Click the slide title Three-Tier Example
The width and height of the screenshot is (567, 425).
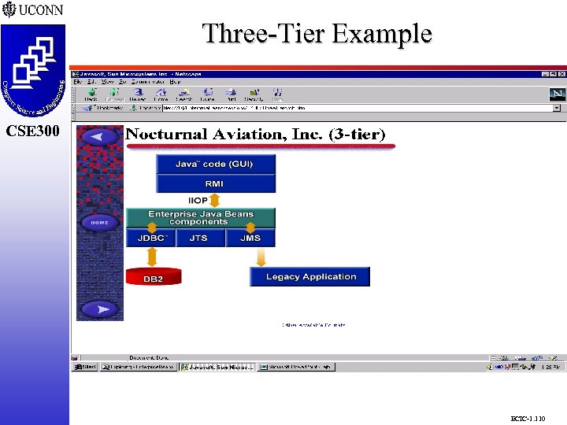317,34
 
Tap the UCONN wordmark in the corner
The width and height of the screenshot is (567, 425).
35,10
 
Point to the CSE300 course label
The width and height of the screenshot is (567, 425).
32,131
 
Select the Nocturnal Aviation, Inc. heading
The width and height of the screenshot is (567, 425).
256,135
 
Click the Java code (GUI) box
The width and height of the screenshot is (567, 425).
215,164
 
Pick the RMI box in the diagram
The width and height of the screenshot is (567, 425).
215,183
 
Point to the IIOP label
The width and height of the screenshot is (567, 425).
198,201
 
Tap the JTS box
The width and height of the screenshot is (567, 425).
198,238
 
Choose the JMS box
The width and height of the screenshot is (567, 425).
250,238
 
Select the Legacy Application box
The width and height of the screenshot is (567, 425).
310,277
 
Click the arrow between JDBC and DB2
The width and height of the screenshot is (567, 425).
150,257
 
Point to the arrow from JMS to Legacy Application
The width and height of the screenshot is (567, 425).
250,258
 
